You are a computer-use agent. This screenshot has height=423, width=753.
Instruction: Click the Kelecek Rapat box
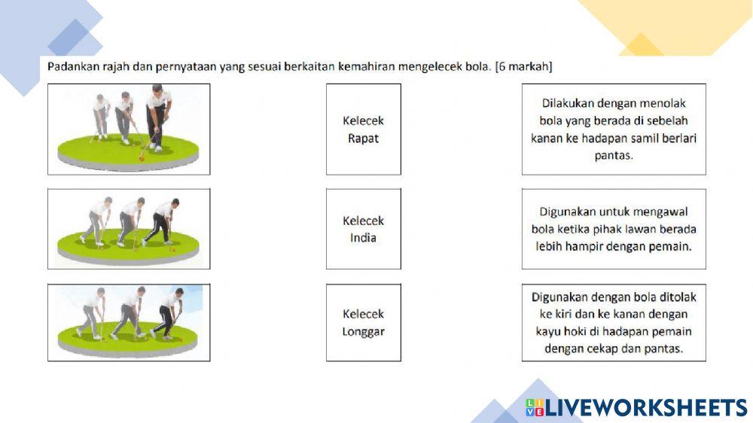click(363, 129)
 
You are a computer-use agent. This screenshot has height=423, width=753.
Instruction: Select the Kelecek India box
click(363, 229)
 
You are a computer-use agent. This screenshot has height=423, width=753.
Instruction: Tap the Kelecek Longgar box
click(363, 322)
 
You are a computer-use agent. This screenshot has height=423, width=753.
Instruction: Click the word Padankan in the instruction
click(70, 67)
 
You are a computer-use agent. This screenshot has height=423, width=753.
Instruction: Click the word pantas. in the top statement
click(614, 156)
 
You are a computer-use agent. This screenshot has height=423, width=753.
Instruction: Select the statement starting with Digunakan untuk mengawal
click(614, 229)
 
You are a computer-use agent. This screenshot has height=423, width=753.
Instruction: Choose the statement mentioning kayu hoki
click(614, 322)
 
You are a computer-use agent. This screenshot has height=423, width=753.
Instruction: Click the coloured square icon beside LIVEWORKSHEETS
click(535, 408)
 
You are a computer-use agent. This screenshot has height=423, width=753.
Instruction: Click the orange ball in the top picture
click(140, 157)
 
